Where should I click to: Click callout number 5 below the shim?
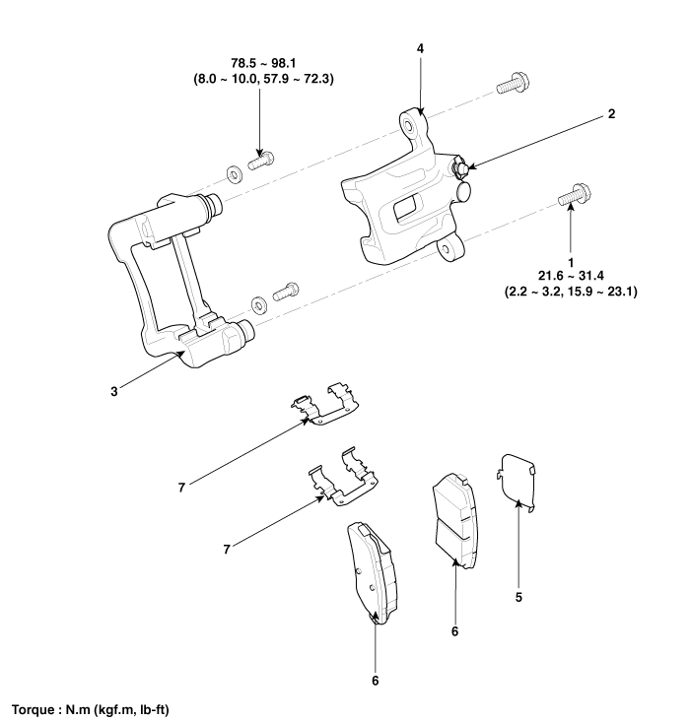519,598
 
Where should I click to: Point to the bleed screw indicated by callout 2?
461,168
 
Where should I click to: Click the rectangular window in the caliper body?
404,209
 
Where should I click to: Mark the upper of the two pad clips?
326,408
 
